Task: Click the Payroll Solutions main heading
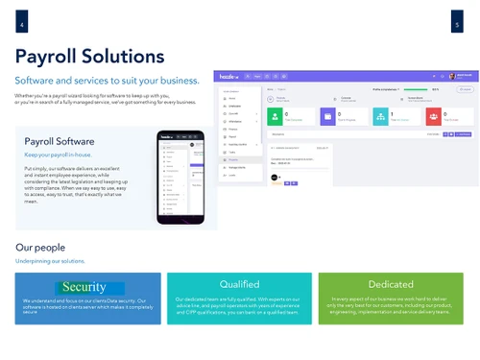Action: tap(89, 56)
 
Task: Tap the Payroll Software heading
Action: tap(60, 142)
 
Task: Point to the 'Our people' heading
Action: tap(39, 248)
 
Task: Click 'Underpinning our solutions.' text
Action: tap(50, 261)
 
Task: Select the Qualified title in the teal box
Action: tap(239, 284)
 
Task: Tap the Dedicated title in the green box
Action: tap(391, 284)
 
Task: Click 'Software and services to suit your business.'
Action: tap(107, 80)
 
